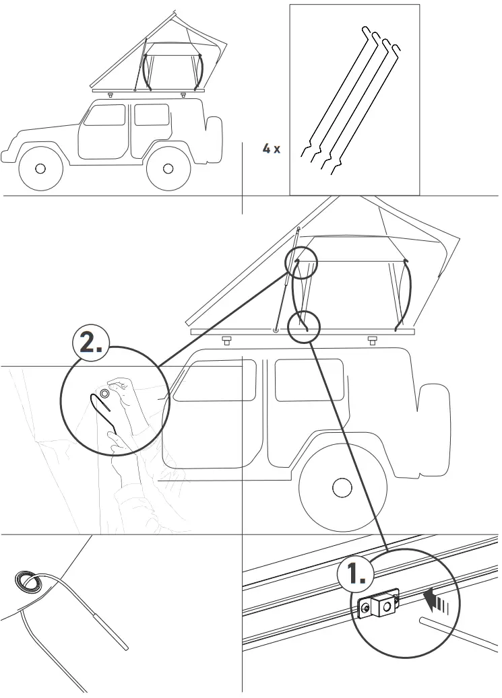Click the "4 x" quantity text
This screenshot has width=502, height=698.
pyautogui.click(x=271, y=149)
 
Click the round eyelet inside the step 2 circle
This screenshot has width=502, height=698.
pyautogui.click(x=104, y=392)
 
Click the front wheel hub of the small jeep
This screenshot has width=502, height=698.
pyautogui.click(x=40, y=168)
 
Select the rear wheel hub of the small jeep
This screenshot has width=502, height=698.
pyautogui.click(x=168, y=168)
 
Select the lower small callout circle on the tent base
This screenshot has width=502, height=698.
pyautogui.click(x=304, y=327)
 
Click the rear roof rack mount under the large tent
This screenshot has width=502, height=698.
pyautogui.click(x=372, y=340)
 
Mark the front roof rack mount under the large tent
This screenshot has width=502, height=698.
pyautogui.click(x=227, y=340)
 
